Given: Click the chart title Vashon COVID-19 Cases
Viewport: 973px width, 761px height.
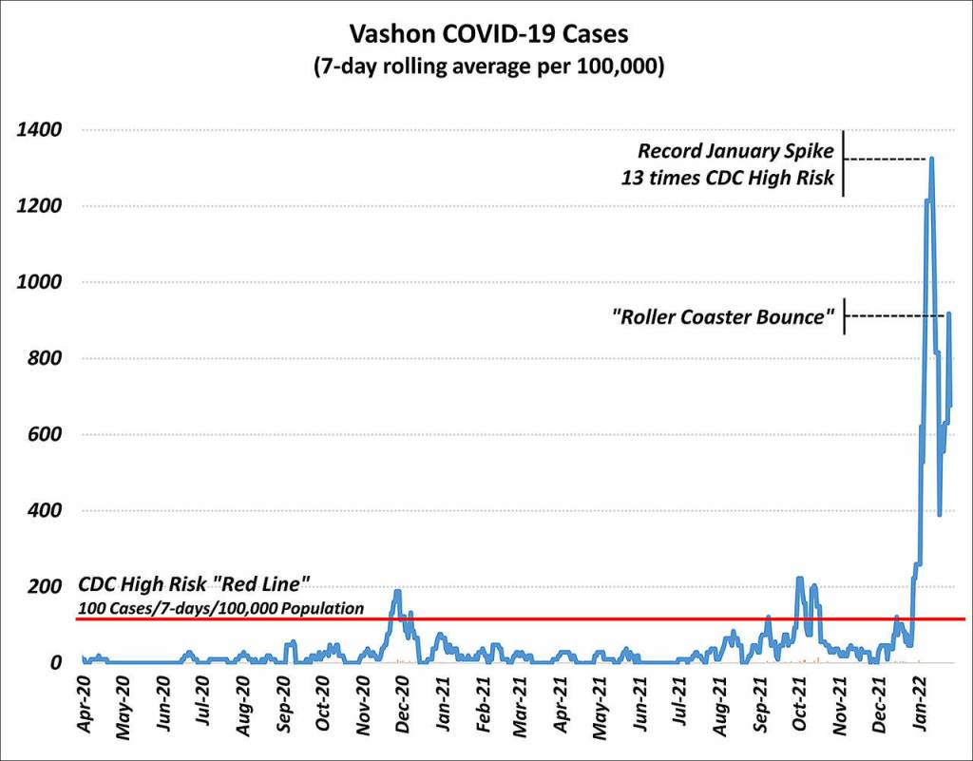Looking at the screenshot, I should pyautogui.click(x=487, y=34).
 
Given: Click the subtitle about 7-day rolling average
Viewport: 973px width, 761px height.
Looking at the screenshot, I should pyautogui.click(x=487, y=67).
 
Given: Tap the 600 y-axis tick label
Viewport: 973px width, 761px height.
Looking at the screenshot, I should pyautogui.click(x=45, y=434).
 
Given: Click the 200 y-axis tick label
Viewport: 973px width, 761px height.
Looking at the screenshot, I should pyautogui.click(x=45, y=586).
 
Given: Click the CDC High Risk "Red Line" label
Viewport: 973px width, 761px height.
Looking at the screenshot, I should pyautogui.click(x=194, y=585).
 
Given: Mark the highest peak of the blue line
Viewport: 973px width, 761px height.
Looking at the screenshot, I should pyautogui.click(x=931, y=158).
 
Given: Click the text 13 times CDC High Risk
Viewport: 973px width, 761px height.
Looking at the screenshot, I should pyautogui.click(x=728, y=178).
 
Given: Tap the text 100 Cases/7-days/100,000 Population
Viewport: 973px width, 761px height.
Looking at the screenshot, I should pyautogui.click(x=220, y=607).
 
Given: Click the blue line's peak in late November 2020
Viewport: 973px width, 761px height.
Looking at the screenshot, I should pyautogui.click(x=397, y=592).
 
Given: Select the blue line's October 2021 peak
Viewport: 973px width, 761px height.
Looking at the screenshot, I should pyautogui.click(x=799, y=579).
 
